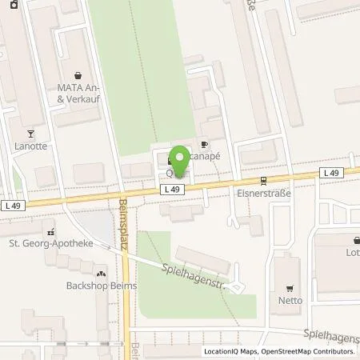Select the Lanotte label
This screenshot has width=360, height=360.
(30, 146)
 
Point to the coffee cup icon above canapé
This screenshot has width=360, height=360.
(203, 144)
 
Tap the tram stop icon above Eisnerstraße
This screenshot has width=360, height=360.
(262, 181)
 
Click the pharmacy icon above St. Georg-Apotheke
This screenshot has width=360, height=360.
(50, 230)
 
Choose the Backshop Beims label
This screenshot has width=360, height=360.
(102, 286)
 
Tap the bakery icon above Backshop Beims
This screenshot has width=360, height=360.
(102, 271)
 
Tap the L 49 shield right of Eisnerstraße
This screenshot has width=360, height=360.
(332, 173)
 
